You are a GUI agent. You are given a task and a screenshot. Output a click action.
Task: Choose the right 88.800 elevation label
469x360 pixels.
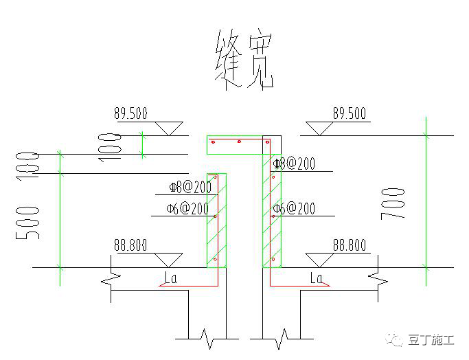pos(349,245)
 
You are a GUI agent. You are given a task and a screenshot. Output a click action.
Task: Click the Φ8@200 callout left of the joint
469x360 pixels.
pos(190,188)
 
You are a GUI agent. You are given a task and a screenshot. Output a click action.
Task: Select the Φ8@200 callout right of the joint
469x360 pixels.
pos(295,164)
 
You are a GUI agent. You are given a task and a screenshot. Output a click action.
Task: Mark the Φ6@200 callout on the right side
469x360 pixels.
pos(295,209)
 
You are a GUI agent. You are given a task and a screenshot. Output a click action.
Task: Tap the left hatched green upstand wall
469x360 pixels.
pos(216,220)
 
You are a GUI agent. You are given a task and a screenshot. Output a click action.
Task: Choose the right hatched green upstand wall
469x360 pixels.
pos(271,213)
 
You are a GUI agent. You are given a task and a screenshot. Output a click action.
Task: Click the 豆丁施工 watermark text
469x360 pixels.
pos(431,340)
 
